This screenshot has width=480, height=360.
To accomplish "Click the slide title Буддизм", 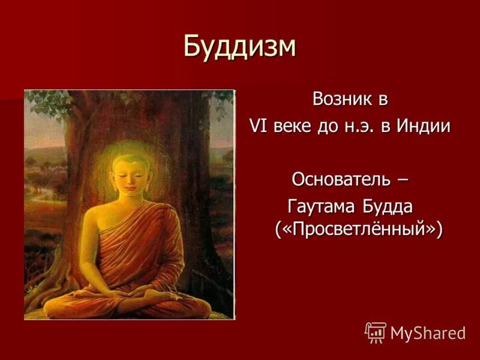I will [x=239, y=46].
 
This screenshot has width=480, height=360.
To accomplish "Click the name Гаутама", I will [x=322, y=206].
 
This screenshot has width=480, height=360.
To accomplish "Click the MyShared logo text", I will [x=428, y=332].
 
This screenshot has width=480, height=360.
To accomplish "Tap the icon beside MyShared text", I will [x=376, y=332].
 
